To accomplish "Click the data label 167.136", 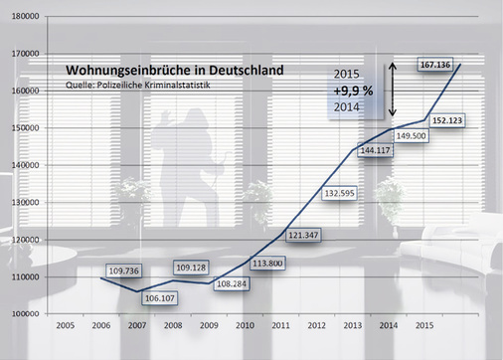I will [x=436, y=65].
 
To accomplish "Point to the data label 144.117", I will [x=374, y=151].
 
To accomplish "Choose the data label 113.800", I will [x=263, y=265].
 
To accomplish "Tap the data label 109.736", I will [x=118, y=269].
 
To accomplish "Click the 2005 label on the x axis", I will [x=65, y=326].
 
